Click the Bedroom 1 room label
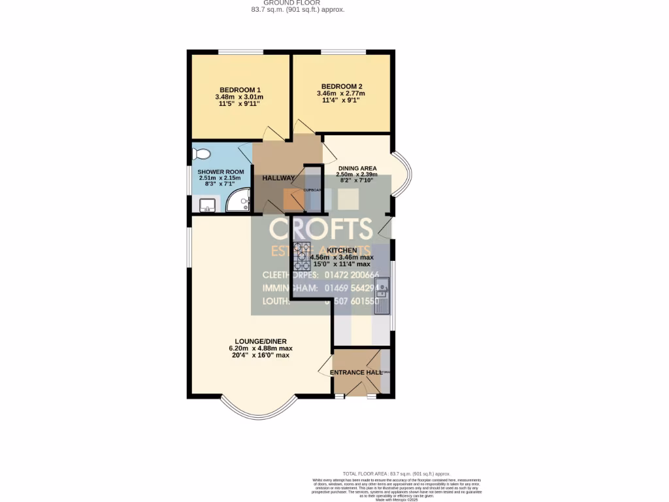tap(240, 90)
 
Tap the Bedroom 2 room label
tap(341, 86)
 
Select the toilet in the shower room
tap(201, 154)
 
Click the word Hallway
tap(278, 178)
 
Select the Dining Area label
tap(356, 168)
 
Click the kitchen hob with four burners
tap(302, 256)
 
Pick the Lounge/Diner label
tap(261, 341)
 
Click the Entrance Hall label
tap(355, 373)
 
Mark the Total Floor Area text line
tap(397, 474)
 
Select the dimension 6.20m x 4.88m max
tap(261, 348)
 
